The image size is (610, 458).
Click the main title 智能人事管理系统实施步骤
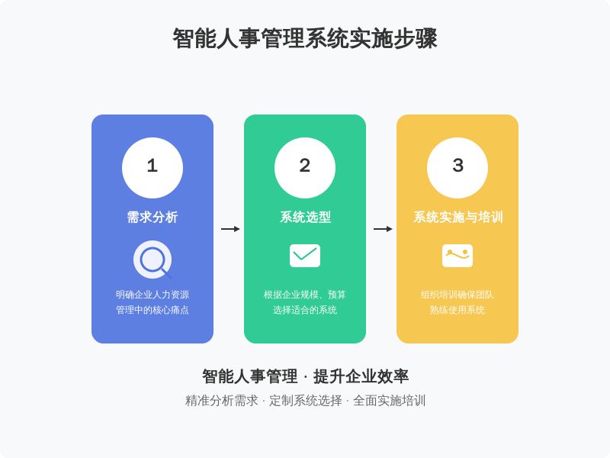tap(305, 39)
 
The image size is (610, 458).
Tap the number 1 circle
tap(152, 168)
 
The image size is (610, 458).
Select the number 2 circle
tap(305, 168)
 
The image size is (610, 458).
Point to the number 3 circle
tap(457, 168)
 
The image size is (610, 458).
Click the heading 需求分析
tap(152, 218)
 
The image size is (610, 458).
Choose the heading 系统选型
tap(305, 218)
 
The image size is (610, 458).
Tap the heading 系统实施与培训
tap(458, 218)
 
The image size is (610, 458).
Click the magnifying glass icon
tap(152, 260)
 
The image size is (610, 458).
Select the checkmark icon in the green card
tap(305, 256)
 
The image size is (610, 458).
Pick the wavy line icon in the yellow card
tap(457, 256)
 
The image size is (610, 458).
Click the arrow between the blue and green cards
tap(230, 229)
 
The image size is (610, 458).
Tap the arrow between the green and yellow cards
tap(383, 229)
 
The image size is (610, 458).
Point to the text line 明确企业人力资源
tap(152, 295)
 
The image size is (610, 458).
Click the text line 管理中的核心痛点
tap(152, 310)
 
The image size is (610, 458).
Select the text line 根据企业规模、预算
tap(305, 295)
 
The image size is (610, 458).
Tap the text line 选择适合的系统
tap(305, 310)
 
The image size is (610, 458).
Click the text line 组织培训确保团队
tap(457, 295)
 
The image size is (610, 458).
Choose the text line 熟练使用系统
tap(457, 310)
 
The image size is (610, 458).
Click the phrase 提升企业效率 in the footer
tap(361, 376)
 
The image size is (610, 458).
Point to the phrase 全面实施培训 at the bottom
tap(390, 400)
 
